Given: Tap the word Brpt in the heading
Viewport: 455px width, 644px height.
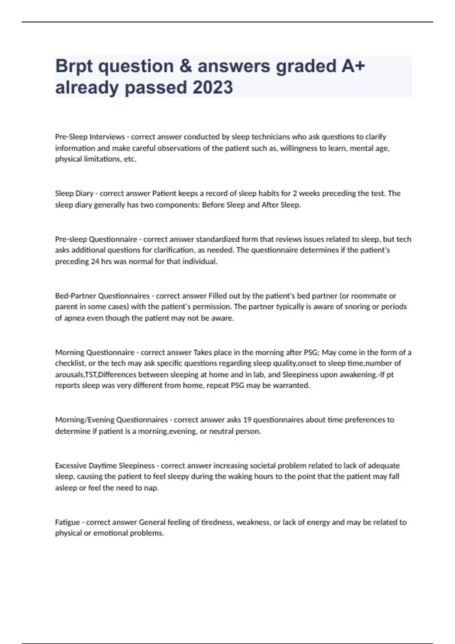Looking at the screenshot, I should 74,66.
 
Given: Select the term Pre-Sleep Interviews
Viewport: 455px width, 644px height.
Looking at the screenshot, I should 90,137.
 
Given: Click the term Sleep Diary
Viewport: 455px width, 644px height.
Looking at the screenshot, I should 74,194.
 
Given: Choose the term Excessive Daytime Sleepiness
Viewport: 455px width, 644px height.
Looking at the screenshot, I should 105,466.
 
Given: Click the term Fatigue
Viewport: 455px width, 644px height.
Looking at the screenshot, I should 67,522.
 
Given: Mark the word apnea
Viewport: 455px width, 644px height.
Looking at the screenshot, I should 74,318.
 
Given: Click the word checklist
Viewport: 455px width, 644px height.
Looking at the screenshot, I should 69,363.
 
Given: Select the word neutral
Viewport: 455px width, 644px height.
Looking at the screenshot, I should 221,431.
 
